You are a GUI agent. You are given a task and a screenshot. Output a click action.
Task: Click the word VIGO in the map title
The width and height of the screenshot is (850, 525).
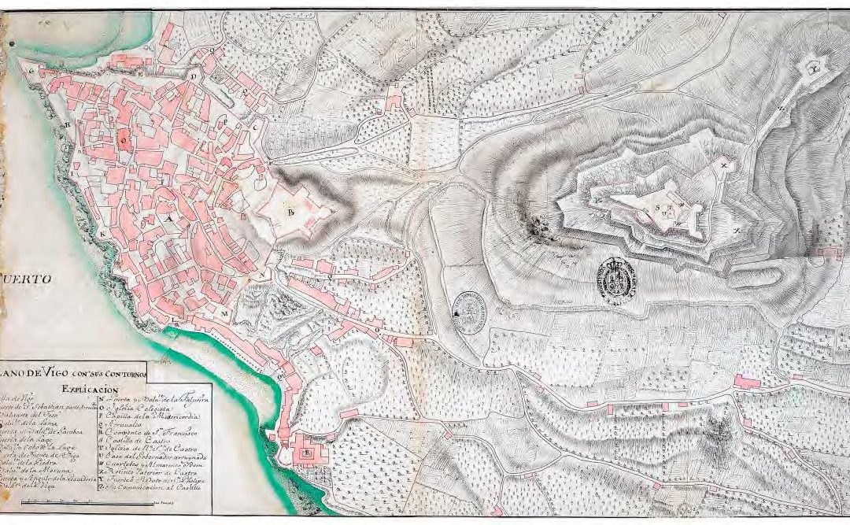(65, 373)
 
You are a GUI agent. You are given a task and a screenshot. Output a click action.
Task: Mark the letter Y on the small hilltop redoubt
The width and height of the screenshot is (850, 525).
(816, 68)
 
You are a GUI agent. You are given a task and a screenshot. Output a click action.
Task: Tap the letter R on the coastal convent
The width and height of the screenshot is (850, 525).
(308, 453)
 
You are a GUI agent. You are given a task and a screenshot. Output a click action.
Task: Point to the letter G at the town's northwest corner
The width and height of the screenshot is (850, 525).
(32, 70)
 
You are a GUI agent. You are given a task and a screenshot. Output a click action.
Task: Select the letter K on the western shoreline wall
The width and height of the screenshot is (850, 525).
(102, 234)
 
